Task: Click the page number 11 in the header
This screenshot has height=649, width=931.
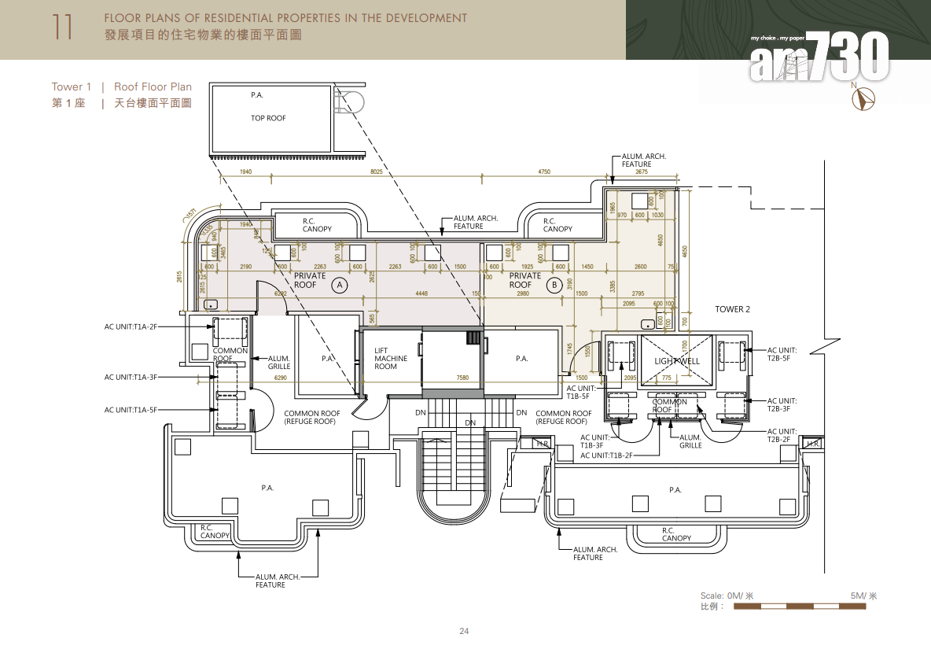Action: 62,27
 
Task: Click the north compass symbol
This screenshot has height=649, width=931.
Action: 865,98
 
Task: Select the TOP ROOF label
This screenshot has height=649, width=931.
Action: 268,118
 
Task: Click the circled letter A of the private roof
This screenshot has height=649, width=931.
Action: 340,285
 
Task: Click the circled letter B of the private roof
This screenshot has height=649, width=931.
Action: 554,285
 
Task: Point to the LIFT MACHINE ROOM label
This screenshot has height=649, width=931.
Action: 391,359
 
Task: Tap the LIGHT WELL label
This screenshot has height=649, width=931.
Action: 676,361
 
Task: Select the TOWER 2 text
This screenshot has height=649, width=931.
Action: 732,309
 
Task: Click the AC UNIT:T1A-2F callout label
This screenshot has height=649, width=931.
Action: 131,326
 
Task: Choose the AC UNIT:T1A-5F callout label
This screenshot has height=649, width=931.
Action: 131,410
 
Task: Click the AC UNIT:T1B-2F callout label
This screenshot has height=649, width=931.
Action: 606,455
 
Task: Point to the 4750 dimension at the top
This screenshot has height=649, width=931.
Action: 544,171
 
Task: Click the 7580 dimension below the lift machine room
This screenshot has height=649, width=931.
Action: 462,378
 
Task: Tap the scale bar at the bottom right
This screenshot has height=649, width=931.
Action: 799,607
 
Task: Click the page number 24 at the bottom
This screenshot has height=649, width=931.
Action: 464,631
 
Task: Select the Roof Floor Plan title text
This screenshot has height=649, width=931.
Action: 153,87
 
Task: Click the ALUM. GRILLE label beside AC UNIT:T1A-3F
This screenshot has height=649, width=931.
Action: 279,362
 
